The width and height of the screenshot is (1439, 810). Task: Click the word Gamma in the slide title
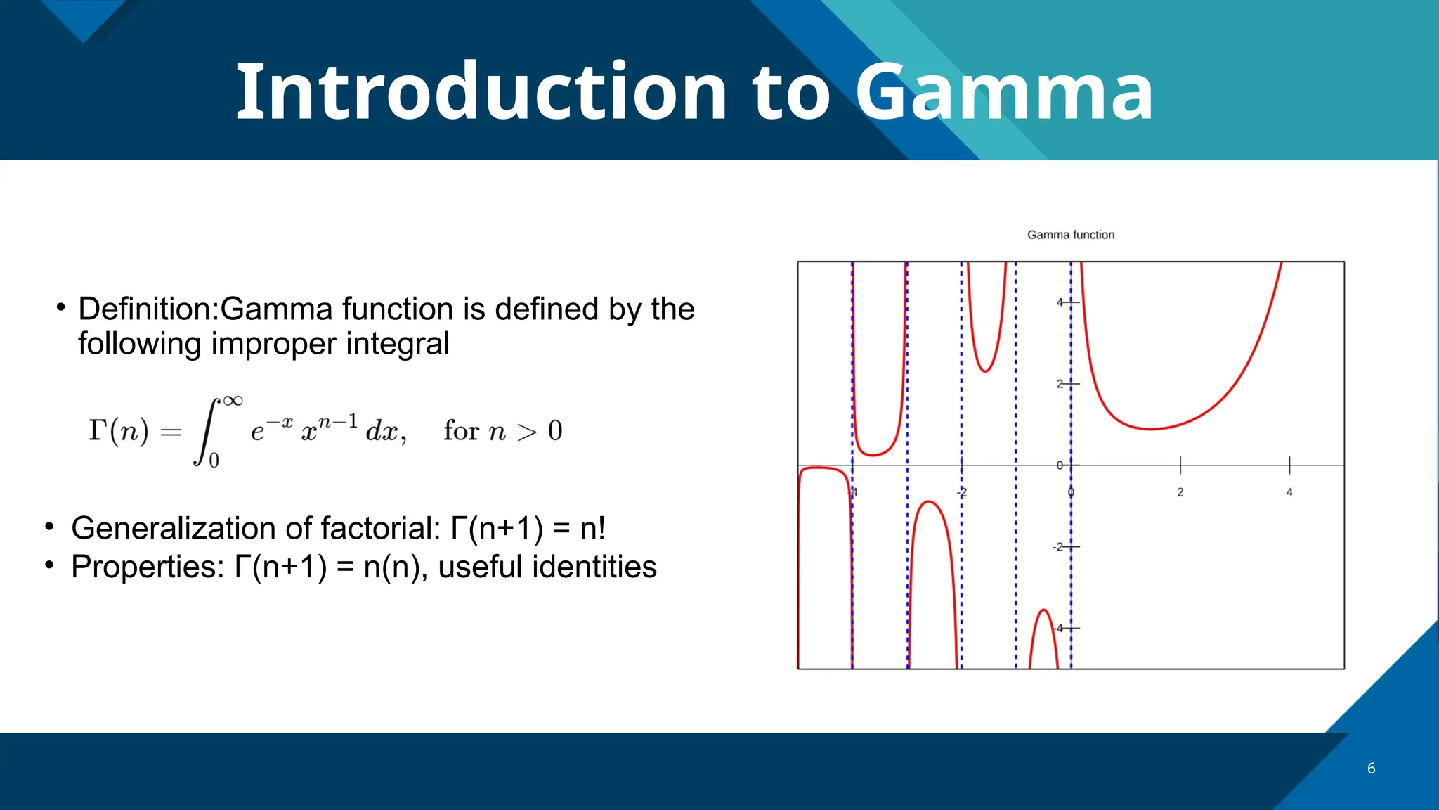1003,92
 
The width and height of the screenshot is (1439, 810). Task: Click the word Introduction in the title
481,92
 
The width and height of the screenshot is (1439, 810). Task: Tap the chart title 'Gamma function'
1070,235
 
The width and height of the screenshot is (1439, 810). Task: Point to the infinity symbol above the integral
233,401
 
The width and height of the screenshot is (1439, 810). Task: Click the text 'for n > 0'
502,430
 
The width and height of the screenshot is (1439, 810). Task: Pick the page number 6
1371,769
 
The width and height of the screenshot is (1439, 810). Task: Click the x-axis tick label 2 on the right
1180,492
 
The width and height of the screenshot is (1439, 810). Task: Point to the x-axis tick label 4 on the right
1289,492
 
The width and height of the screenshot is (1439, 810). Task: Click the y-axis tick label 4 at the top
1060,302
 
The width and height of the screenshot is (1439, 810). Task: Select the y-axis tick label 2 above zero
1060,384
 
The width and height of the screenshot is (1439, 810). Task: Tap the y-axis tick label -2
1058,547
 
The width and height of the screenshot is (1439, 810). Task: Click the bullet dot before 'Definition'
61,307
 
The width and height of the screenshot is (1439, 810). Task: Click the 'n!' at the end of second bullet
592,528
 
